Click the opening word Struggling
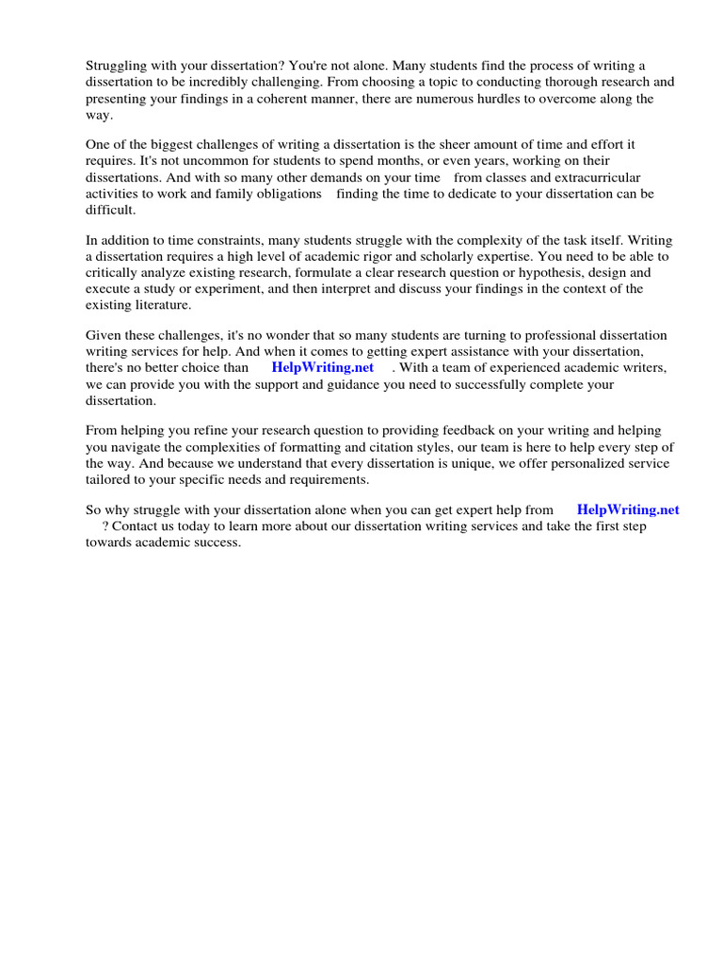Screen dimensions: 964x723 tap(117, 66)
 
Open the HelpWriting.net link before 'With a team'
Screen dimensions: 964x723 tap(322, 368)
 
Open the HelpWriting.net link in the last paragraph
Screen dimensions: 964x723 tap(627, 510)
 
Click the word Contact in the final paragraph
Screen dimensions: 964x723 tap(134, 526)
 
